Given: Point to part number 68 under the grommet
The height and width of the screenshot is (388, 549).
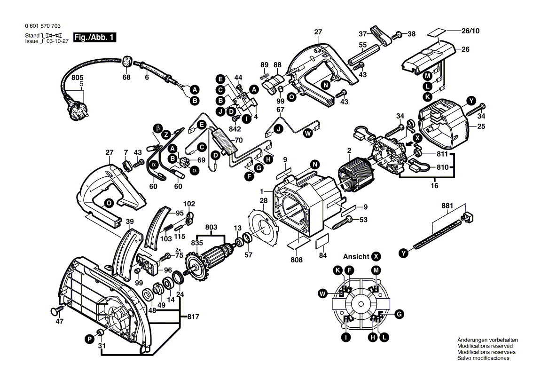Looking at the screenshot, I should click(x=126, y=78).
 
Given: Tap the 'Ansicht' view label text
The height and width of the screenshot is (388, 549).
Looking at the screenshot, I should click(x=356, y=257).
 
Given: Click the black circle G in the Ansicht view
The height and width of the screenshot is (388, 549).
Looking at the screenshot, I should click(x=399, y=314).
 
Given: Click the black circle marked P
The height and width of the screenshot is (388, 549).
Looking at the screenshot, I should click(x=89, y=339).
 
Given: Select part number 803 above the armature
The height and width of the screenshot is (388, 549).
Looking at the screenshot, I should click(x=211, y=228).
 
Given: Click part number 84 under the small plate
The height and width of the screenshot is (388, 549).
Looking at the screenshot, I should click(x=322, y=255).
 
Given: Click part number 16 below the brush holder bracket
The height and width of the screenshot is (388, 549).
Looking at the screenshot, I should click(x=434, y=186).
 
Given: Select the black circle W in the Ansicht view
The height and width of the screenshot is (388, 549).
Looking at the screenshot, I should click(x=322, y=294).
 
